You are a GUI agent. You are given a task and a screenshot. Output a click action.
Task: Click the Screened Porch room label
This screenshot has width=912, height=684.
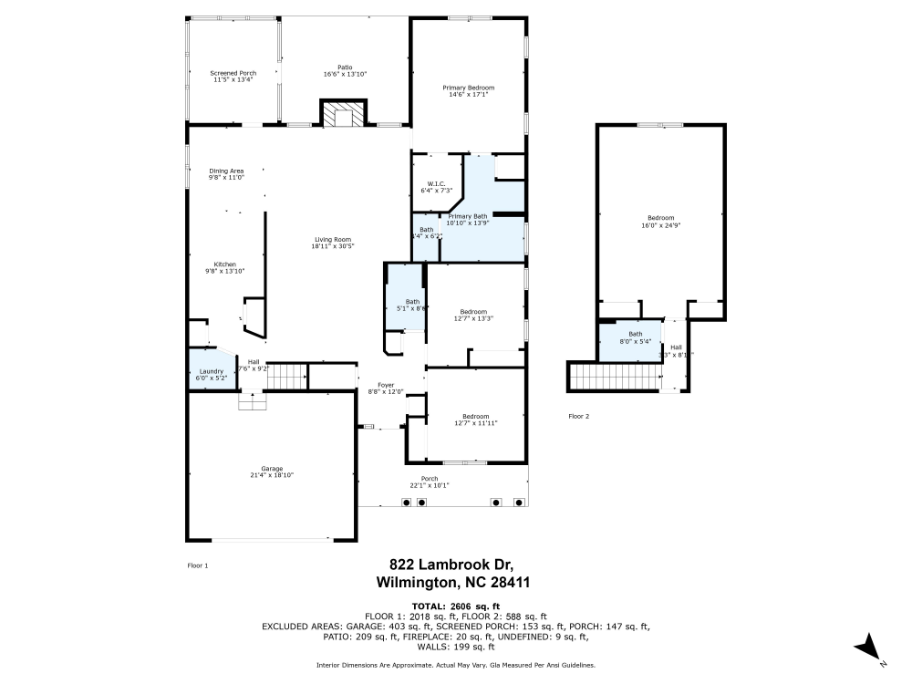point(233,73)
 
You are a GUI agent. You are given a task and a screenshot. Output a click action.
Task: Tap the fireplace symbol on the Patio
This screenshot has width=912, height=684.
point(343,113)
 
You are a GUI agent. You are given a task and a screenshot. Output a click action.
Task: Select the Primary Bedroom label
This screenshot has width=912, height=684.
point(468,88)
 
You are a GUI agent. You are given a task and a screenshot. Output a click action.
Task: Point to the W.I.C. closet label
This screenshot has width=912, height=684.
point(436,183)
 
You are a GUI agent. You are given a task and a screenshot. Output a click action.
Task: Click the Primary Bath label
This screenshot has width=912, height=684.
point(468,216)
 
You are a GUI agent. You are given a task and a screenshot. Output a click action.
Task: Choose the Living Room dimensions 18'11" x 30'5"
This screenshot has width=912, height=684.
point(332,245)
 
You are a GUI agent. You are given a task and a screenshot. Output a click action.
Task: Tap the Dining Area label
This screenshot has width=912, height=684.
point(226,171)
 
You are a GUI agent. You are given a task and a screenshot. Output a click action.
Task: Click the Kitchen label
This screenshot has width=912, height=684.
point(224,264)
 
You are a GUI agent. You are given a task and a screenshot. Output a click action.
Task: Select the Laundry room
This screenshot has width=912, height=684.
point(212,371)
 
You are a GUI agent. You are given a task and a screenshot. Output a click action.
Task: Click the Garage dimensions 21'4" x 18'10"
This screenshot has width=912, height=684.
point(272,475)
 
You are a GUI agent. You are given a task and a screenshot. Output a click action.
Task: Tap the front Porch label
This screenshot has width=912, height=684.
point(429,479)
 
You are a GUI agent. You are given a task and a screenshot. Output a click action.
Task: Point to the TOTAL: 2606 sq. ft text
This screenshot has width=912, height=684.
point(455,606)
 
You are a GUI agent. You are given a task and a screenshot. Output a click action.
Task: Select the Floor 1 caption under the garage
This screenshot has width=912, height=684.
point(197,565)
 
